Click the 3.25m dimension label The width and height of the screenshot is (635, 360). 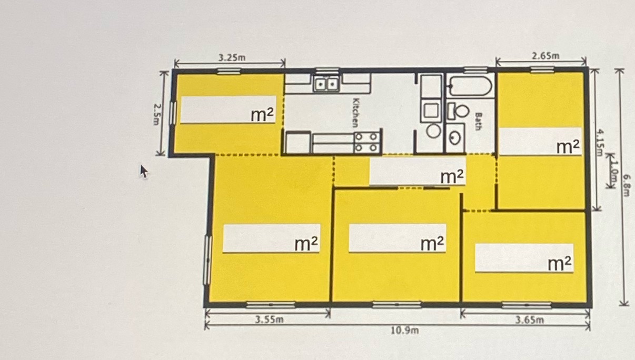click(x=232, y=57)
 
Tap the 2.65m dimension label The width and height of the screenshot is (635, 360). click(x=545, y=56)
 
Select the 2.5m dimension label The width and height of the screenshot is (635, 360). click(x=157, y=114)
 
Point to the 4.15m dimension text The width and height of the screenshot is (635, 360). click(x=600, y=142)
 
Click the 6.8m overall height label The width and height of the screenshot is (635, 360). click(x=627, y=185)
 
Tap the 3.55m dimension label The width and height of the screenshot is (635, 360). click(x=269, y=319)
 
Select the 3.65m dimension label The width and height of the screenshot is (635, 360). click(x=530, y=320)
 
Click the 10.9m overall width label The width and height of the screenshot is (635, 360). click(x=405, y=331)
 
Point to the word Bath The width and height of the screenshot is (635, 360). click(x=478, y=122)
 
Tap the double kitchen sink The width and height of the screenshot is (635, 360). click(x=326, y=83)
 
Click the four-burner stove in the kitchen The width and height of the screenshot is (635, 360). click(x=366, y=143)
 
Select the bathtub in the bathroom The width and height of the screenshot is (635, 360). click(x=471, y=86)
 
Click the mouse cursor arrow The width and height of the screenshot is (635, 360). click(x=144, y=172)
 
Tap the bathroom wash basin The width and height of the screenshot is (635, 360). click(x=455, y=138)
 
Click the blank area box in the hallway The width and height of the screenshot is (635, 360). click(x=418, y=171)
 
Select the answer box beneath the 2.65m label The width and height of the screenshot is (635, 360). click(x=540, y=142)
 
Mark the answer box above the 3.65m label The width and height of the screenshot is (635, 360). click(x=524, y=258)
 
